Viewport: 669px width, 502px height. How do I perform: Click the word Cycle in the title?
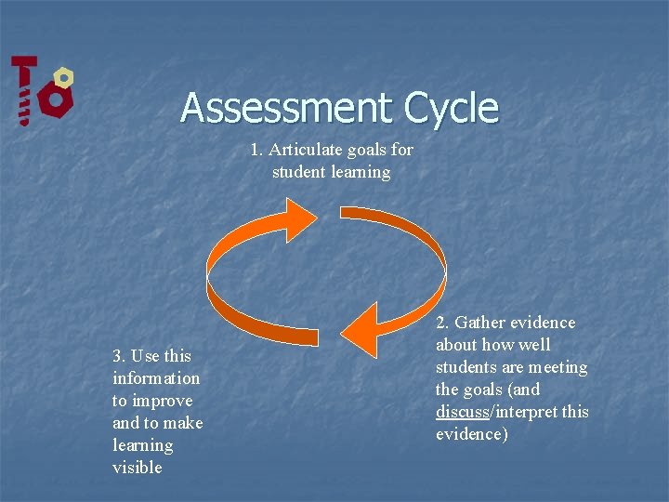[x=452, y=108]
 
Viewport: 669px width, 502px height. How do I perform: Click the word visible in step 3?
[x=137, y=468]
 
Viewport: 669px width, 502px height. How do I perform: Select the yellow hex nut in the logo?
[x=63, y=76]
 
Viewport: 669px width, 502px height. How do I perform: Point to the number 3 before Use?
[x=118, y=356]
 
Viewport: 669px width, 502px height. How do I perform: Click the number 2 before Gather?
[x=441, y=323]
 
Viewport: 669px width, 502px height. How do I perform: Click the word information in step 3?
[x=156, y=378]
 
